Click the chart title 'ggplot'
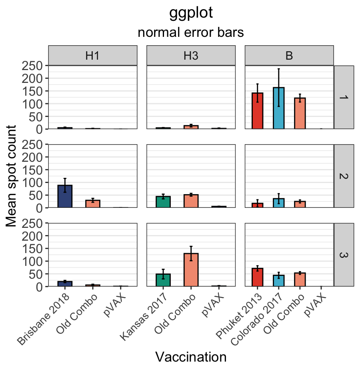pos(190,13)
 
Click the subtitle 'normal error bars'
pos(190,33)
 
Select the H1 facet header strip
pos(92,56)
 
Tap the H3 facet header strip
pos(191,56)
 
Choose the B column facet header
pos(289,56)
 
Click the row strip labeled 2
pos(344,176)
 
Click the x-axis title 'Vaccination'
pos(190,356)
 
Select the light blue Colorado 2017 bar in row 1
pos(279,109)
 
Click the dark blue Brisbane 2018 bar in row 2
pos(65,197)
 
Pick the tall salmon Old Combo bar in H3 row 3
pos(191,270)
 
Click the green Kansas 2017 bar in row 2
pos(163,202)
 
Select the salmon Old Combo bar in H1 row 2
pos(93,204)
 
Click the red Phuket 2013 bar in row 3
pos(258,277)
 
